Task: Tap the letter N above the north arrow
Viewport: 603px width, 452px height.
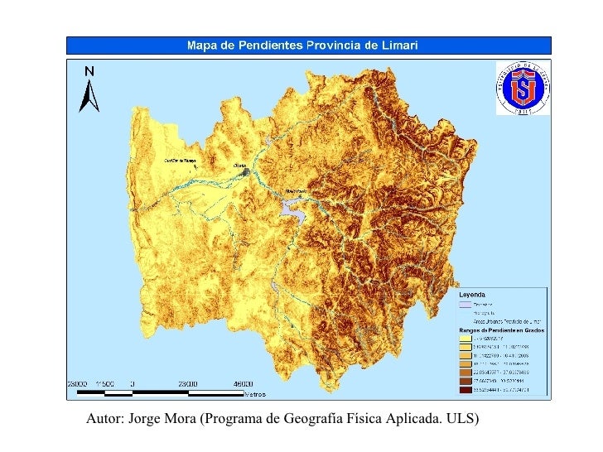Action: [x=89, y=71]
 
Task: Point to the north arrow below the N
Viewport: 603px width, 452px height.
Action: [x=89, y=96]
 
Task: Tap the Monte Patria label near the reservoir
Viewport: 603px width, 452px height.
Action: [x=297, y=190]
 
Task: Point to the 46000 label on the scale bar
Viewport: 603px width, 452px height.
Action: [x=243, y=384]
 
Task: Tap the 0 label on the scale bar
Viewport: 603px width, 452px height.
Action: [x=133, y=384]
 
